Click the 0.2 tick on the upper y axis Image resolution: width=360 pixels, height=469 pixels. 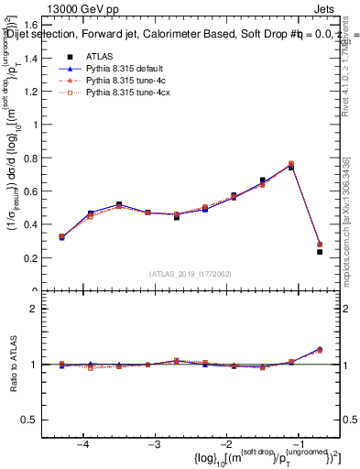click(x=35, y=258)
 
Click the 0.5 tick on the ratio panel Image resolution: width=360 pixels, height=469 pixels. click(x=35, y=420)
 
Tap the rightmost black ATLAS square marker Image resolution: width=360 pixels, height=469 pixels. click(x=320, y=252)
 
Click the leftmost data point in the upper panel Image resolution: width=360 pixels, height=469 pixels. click(x=61, y=237)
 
